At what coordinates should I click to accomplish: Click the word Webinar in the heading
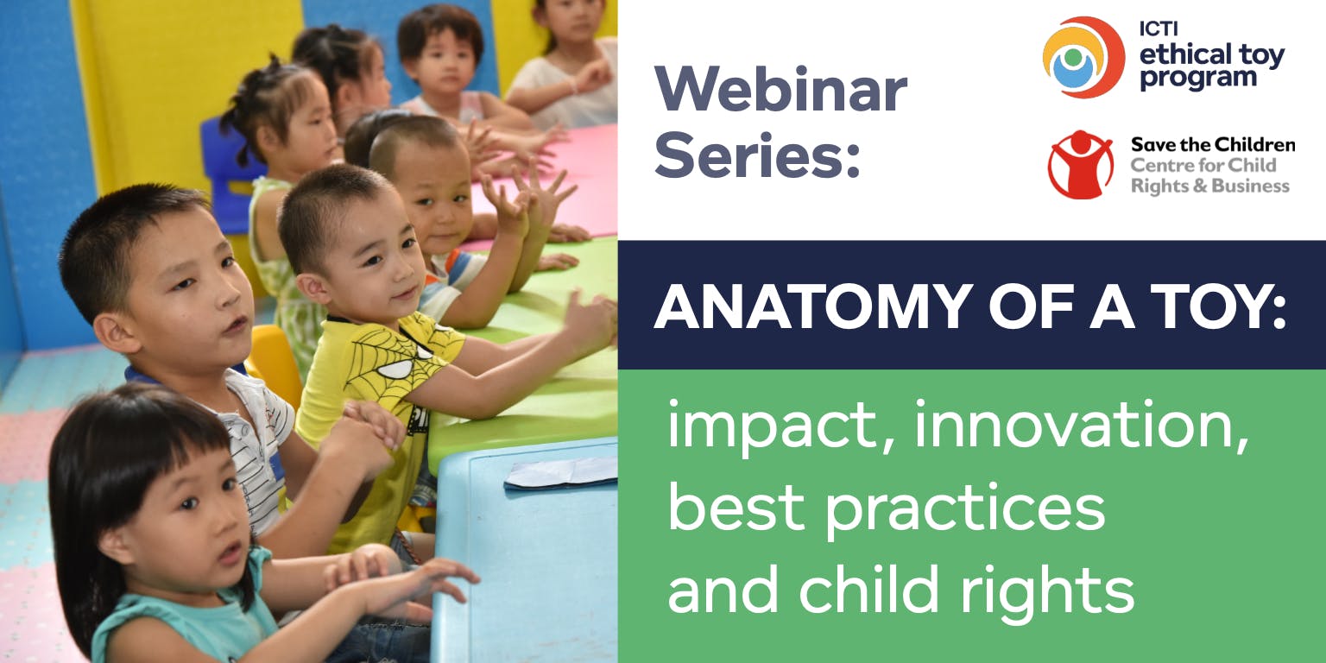point(780,89)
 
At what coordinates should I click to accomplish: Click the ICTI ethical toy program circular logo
point(1083,58)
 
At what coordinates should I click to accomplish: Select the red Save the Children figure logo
point(1081,165)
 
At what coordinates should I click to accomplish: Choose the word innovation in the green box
point(1082,424)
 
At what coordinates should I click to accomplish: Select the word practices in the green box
point(965,510)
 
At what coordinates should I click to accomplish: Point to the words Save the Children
point(1213,144)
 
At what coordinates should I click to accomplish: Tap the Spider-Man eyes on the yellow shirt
point(402,363)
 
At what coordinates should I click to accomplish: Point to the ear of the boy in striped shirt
point(112,332)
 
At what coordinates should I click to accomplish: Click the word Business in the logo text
point(1250,186)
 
